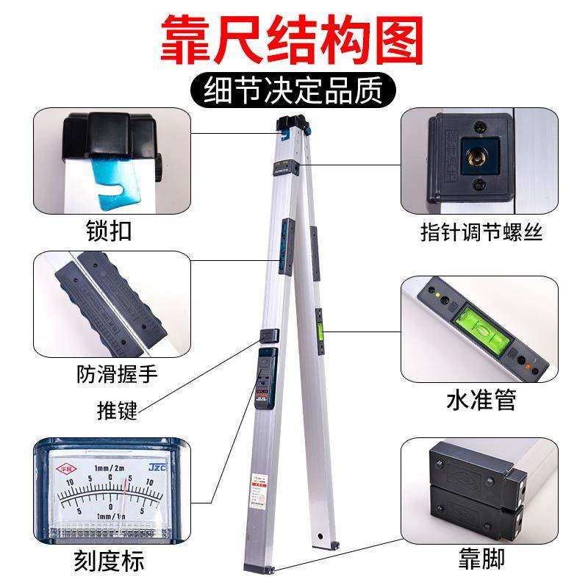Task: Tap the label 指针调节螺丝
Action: pos(481,233)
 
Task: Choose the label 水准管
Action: pos(481,401)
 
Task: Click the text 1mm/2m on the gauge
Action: pos(108,469)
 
